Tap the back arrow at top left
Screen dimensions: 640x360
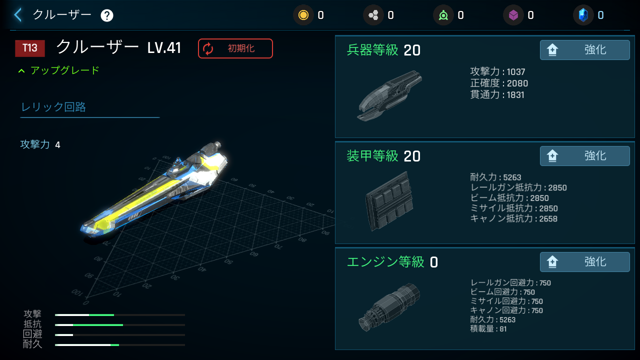click(18, 15)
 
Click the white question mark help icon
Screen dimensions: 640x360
click(107, 15)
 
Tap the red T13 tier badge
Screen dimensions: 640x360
click(30, 48)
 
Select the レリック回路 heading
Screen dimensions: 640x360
click(53, 107)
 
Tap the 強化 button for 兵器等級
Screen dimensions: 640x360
click(584, 50)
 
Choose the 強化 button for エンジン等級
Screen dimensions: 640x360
click(584, 262)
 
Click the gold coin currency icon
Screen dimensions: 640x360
click(303, 15)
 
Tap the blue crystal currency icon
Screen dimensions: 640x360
click(583, 15)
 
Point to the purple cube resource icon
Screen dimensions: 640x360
click(513, 15)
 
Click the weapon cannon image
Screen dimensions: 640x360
click(390, 95)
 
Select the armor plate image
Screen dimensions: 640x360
click(388, 201)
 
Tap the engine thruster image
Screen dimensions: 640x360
click(389, 307)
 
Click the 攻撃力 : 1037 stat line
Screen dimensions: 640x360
click(497, 72)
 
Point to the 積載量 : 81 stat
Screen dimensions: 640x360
click(488, 329)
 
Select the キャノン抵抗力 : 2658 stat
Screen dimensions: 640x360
click(513, 219)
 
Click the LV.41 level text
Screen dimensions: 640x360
click(164, 48)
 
